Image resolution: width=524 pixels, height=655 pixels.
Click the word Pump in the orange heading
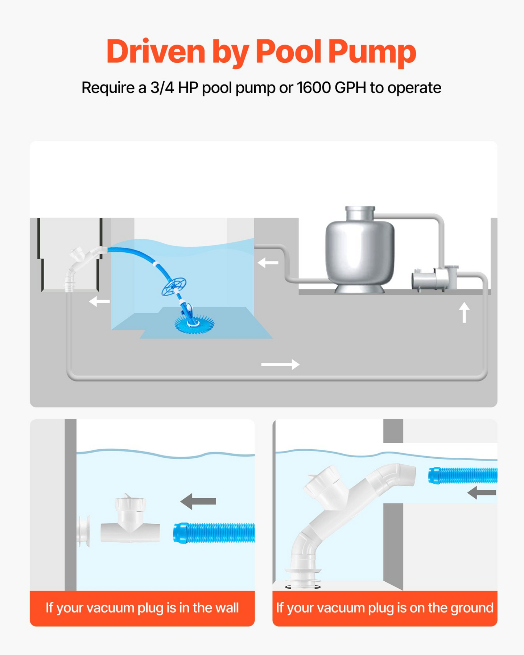pyautogui.click(x=372, y=52)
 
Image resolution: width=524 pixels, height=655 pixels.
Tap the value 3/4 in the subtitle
pyautogui.click(x=162, y=88)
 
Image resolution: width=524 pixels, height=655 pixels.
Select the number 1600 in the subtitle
pyautogui.click(x=313, y=88)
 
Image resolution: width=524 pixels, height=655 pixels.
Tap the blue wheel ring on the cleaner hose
pyautogui.click(x=174, y=287)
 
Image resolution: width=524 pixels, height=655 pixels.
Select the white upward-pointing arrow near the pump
pyautogui.click(x=464, y=312)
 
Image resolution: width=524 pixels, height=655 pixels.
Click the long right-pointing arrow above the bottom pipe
pyautogui.click(x=280, y=364)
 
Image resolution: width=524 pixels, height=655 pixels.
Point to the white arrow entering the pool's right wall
pyautogui.click(x=268, y=262)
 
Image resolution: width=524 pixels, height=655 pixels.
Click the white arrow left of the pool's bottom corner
pyautogui.click(x=99, y=301)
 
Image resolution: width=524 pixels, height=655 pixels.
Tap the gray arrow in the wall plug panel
pyautogui.click(x=198, y=501)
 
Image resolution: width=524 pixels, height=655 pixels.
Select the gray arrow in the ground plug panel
pyautogui.click(x=482, y=493)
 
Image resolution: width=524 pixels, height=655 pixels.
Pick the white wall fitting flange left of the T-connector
pyautogui.click(x=84, y=531)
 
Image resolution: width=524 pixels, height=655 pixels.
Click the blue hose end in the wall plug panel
pyautogui.click(x=214, y=533)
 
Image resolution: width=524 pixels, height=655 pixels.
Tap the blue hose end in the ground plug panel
pyautogui.click(x=463, y=475)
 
